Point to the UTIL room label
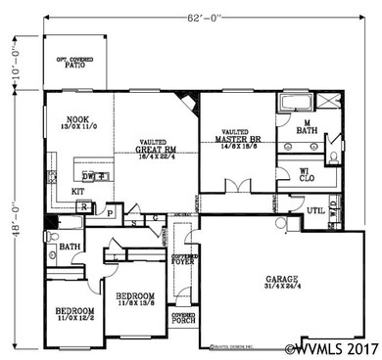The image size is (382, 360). click(314, 209)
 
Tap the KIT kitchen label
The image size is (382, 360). click(76, 192)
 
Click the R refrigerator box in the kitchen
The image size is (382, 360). click(85, 207)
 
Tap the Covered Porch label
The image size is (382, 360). click(183, 318)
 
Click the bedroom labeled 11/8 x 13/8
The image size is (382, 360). click(134, 298)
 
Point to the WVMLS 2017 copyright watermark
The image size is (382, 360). click(330, 347)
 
